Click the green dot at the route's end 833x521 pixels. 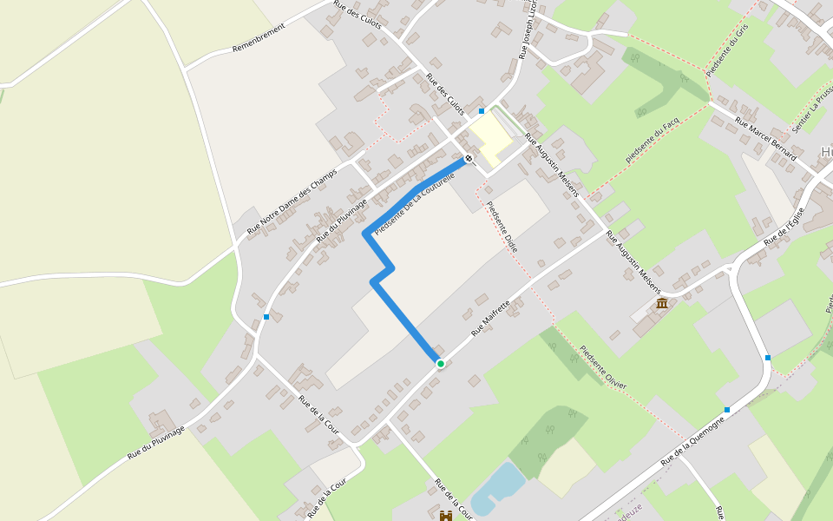[x=440, y=363]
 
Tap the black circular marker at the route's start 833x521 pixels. [x=469, y=158]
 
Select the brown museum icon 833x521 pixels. [x=663, y=303]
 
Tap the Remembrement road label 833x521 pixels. [x=259, y=38]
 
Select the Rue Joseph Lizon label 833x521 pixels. [x=526, y=30]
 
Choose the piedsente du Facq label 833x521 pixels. [x=650, y=143]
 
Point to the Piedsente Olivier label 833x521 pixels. [x=602, y=368]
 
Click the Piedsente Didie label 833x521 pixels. [x=502, y=228]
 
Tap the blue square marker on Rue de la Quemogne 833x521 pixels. [x=727, y=410]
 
